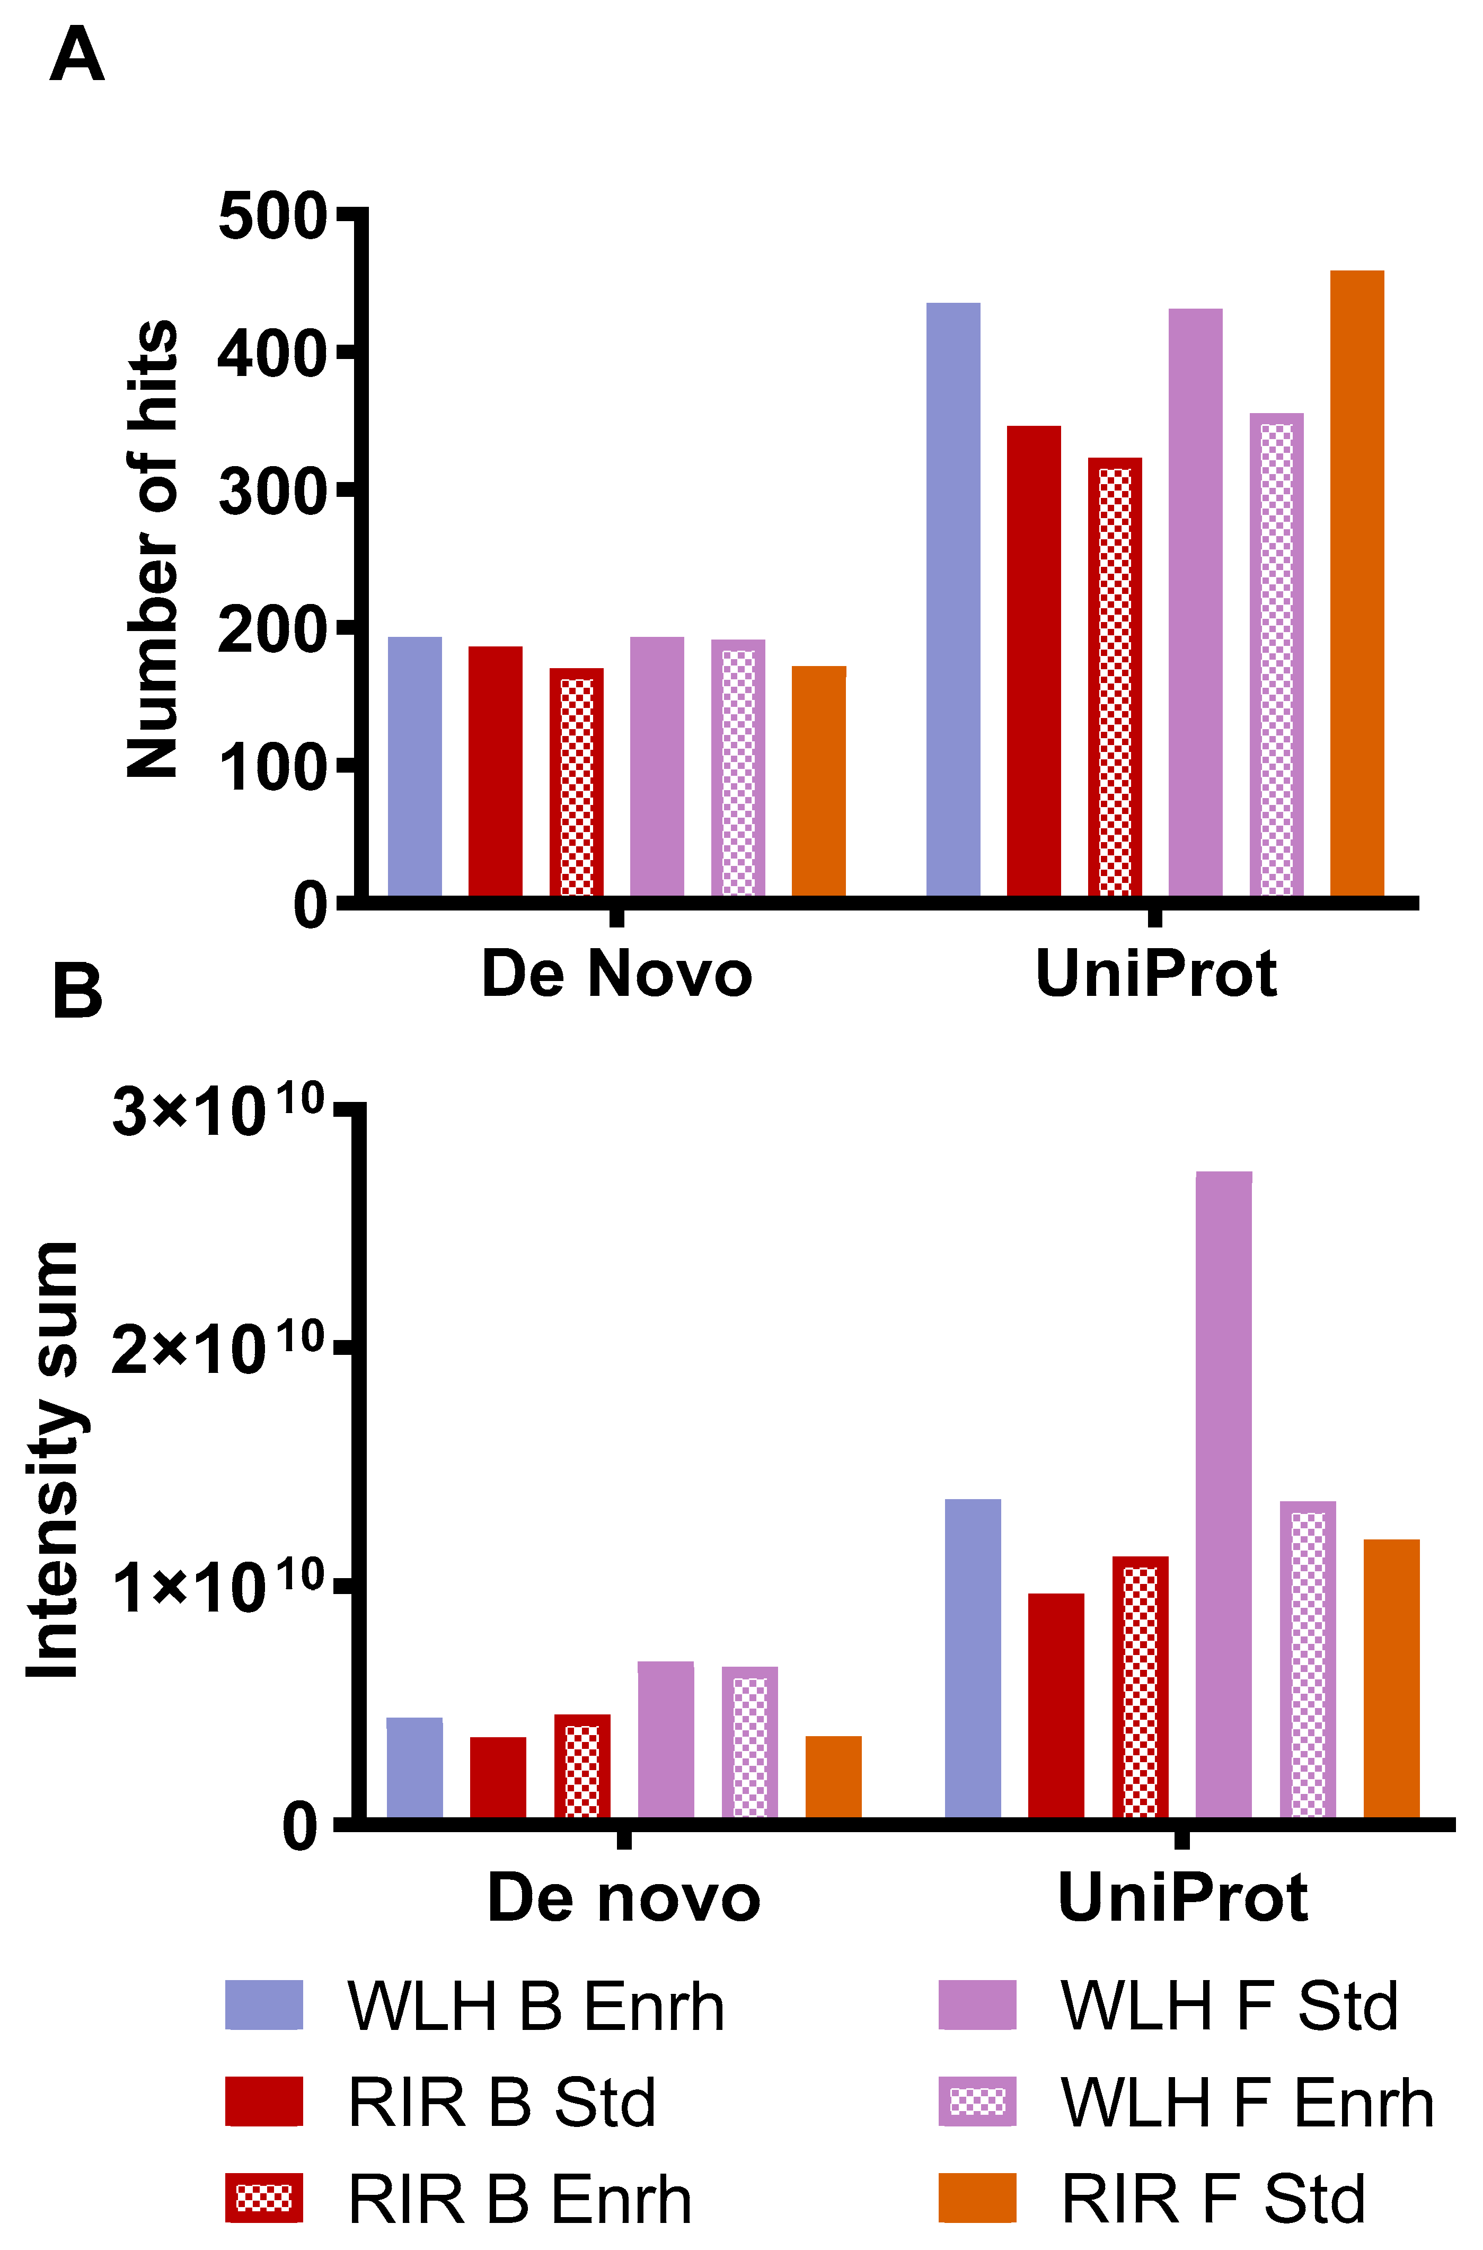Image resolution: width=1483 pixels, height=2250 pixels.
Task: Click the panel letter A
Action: [x=77, y=55]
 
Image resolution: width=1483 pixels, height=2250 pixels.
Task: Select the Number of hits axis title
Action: [x=153, y=549]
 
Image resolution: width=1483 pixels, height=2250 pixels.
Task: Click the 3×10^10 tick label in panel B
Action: [x=217, y=1109]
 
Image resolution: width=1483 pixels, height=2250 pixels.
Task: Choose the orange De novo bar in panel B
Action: [x=833, y=1776]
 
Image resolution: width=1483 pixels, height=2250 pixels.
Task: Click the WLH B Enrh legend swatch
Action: [x=264, y=2005]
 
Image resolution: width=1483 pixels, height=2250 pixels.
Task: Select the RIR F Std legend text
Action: [x=1213, y=2198]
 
